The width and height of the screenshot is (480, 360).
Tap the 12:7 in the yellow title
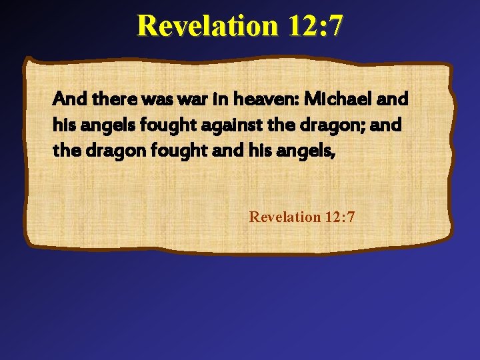click(x=316, y=26)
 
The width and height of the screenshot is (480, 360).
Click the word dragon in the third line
click(x=104, y=151)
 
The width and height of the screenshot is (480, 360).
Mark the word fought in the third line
click(x=163, y=151)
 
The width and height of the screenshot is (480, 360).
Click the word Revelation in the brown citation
click(x=285, y=217)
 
